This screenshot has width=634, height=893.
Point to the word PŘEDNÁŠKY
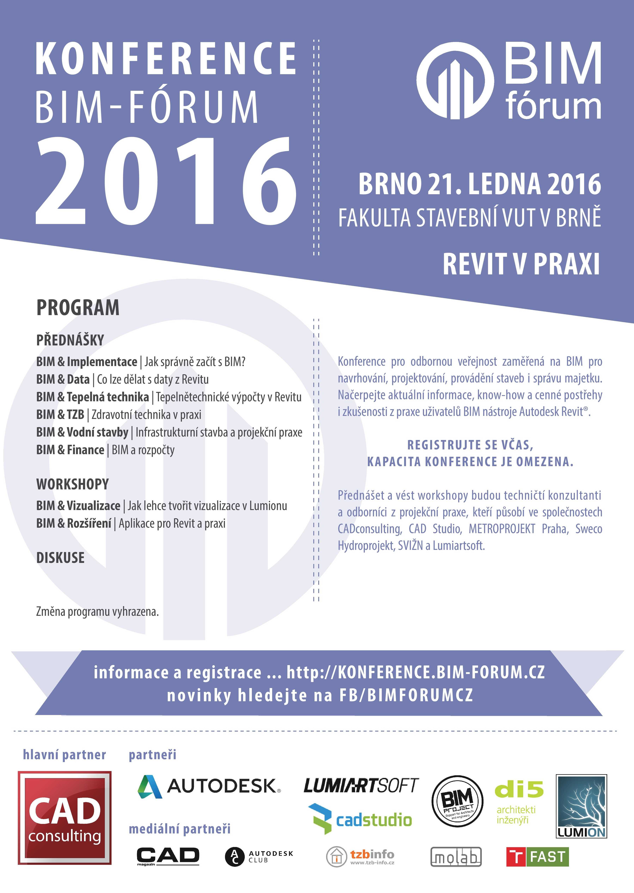[70, 340]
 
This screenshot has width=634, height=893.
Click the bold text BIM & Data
[63, 379]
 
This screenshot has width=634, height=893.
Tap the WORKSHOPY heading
[73, 484]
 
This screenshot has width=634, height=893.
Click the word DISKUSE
[60, 558]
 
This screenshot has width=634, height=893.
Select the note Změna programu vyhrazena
[97, 612]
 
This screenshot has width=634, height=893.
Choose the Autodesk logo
[209, 786]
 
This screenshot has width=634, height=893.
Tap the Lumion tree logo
[581, 806]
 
